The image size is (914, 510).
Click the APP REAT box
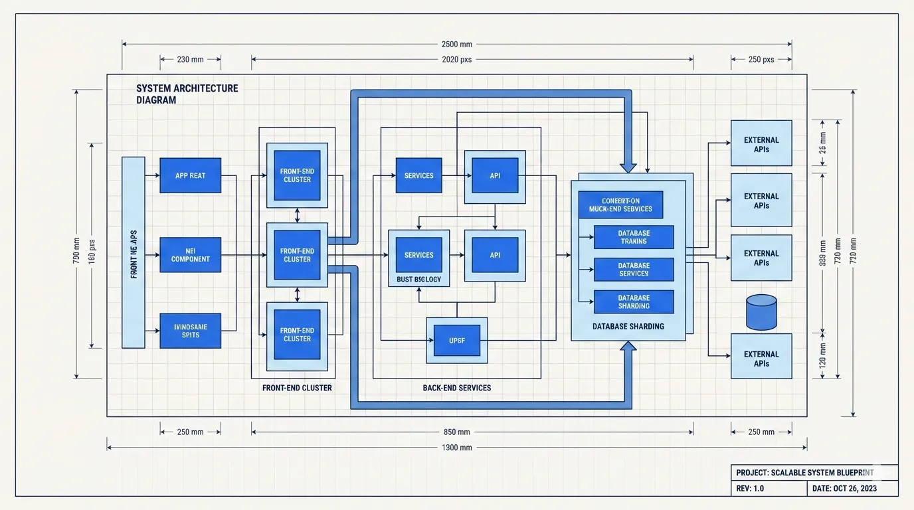[190, 175]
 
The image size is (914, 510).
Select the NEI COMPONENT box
[190, 255]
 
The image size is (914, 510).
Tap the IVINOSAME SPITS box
[190, 331]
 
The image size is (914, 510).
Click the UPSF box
[456, 340]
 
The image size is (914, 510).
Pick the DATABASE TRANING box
[634, 237]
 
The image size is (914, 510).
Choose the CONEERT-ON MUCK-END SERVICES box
[620, 205]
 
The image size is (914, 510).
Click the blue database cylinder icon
[761, 312]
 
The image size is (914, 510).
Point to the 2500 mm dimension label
[456, 44]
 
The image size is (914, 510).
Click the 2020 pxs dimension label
[456, 59]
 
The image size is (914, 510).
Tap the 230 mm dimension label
[190, 59]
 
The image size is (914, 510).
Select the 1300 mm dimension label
[456, 448]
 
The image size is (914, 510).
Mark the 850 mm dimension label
[456, 432]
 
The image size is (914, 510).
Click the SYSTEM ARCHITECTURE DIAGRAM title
[187, 94]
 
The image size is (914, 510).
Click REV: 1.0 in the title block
[750, 489]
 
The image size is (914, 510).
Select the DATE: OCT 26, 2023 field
[844, 489]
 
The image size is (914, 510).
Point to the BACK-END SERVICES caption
[456, 388]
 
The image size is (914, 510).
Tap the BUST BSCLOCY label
[418, 280]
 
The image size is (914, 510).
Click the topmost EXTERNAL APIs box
[761, 143]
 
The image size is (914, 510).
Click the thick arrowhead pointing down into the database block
[628, 167]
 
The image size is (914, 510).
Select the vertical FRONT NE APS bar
[134, 252]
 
